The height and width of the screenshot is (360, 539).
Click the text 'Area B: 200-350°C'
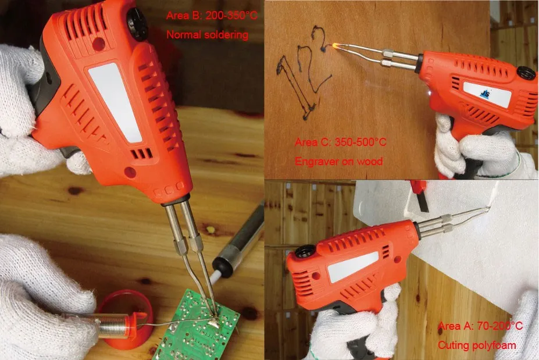pyautogui.click(x=212, y=16)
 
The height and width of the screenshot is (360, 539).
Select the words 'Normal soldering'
pyautogui.click(x=207, y=35)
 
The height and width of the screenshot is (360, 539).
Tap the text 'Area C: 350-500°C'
pyautogui.click(x=341, y=142)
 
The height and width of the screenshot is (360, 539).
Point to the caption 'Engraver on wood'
pyautogui.click(x=339, y=161)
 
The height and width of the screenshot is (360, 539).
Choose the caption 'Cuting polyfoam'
pyautogui.click(x=476, y=345)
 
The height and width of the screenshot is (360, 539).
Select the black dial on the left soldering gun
pyautogui.click(x=138, y=23)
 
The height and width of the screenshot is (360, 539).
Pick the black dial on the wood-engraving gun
pyautogui.click(x=526, y=73)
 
